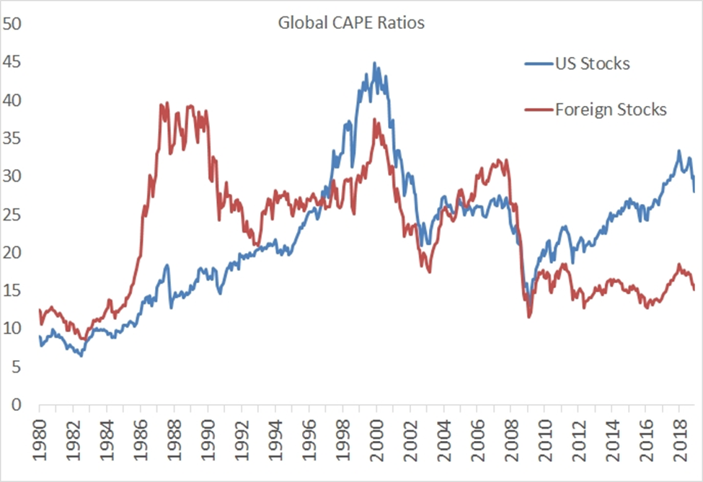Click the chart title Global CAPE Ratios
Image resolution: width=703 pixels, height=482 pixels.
(x=351, y=23)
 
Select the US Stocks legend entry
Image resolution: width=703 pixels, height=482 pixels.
(x=592, y=63)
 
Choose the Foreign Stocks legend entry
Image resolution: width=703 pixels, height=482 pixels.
(x=611, y=110)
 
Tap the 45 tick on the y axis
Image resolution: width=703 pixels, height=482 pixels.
(x=12, y=62)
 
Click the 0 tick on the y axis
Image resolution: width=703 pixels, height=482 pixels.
(x=17, y=405)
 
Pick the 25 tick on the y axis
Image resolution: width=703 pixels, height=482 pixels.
(x=12, y=215)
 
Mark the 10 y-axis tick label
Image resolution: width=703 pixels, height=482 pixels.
(x=12, y=329)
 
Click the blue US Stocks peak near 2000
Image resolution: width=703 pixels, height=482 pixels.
(x=373, y=63)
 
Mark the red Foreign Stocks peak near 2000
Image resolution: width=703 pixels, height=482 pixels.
(x=375, y=120)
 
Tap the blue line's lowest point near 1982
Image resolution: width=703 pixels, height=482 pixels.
(x=81, y=356)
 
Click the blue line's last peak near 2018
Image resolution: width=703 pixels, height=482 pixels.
(x=678, y=151)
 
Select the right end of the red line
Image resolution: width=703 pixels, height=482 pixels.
(x=694, y=290)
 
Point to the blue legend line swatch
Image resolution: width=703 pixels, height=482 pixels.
(x=538, y=64)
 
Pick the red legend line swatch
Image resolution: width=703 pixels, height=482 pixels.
(x=538, y=110)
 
